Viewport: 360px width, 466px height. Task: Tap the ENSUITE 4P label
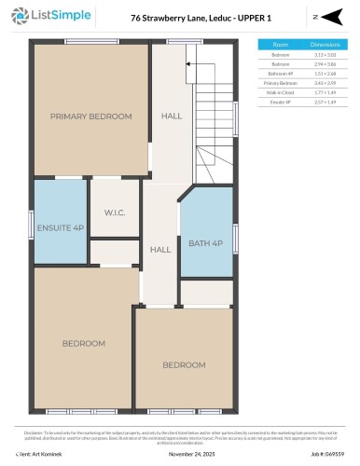61,226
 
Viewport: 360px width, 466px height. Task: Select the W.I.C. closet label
116,212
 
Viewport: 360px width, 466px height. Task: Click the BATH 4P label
205,243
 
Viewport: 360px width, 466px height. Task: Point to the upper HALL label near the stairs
172,116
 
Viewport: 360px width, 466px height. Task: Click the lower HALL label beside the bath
160,250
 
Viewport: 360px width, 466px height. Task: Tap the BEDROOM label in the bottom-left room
84,343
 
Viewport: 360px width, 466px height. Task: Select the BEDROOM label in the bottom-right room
184,364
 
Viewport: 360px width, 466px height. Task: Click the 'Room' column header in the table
280,44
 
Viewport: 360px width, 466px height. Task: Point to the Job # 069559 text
327,453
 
